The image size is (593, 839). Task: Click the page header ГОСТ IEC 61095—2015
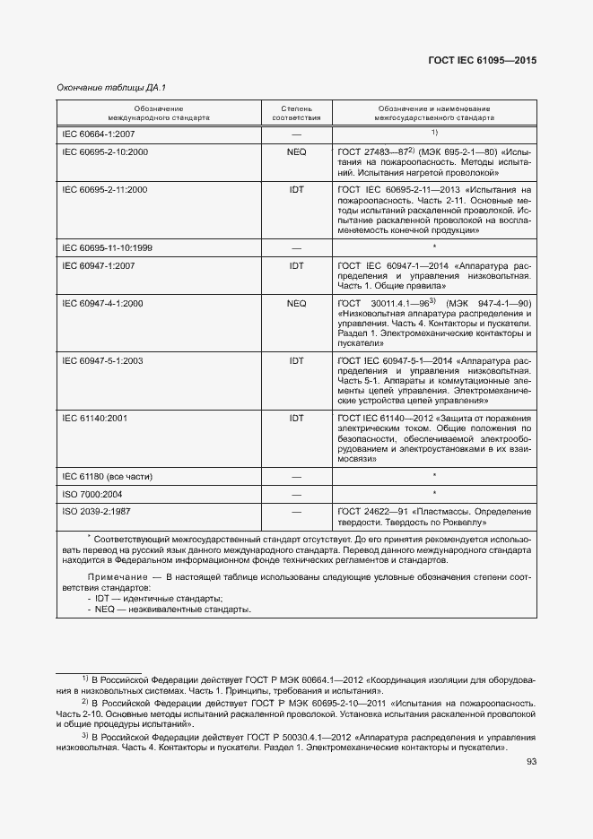point(484,61)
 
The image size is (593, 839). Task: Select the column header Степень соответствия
point(296,112)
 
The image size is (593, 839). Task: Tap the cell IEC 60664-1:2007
point(98,134)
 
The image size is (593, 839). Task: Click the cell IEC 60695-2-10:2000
point(105,152)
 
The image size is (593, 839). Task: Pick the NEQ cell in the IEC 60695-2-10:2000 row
point(296,152)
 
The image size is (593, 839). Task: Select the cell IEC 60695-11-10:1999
point(107,247)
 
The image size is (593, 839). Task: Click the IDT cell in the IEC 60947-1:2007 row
point(296,265)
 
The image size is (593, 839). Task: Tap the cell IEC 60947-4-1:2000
point(103,303)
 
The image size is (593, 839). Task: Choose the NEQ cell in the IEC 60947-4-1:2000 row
point(296,303)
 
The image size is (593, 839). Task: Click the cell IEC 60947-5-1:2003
point(103,360)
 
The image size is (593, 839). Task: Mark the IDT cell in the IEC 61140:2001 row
point(296,418)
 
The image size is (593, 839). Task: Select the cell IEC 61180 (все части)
point(107,475)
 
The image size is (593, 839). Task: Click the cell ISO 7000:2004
point(92,494)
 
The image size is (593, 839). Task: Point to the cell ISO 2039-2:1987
point(96,511)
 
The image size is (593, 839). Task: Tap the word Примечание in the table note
point(117,575)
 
